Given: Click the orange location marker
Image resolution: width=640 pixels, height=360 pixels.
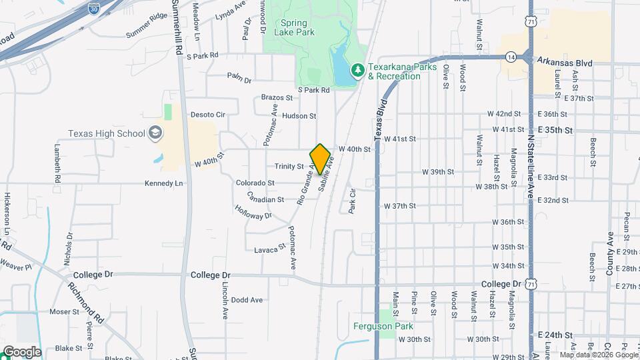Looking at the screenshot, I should [320, 159].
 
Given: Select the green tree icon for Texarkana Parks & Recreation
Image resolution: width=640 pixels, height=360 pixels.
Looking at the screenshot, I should [358, 70].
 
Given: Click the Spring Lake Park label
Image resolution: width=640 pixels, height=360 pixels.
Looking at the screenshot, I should [289, 27].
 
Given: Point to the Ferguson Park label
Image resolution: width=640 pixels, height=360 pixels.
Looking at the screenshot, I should [383, 326].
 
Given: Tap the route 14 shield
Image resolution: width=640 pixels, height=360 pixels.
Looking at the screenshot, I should [511, 57].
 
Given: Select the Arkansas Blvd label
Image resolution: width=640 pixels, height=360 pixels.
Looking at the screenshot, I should [565, 63].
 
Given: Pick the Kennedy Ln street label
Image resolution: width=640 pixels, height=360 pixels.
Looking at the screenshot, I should [163, 183].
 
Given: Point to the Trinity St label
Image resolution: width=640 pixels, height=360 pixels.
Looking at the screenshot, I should [289, 167].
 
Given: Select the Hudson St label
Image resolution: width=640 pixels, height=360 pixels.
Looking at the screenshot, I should [299, 116].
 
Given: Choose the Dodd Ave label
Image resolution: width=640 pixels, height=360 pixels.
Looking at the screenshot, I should [247, 300].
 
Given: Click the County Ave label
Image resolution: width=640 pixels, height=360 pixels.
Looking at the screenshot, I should [610, 253].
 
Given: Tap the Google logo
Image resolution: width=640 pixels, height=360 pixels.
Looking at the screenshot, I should [21, 351].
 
